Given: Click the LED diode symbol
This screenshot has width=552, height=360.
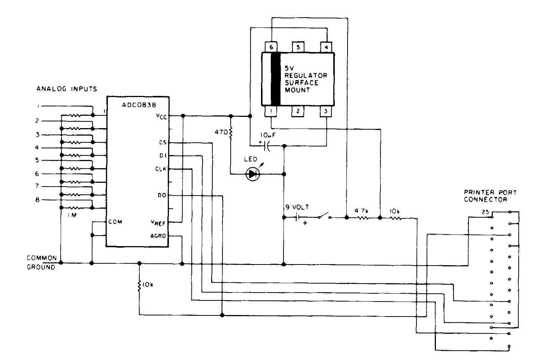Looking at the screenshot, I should [252, 174].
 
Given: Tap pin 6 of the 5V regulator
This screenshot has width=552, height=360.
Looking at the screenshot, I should [272, 47].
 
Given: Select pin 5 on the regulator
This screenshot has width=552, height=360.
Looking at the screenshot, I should [298, 47].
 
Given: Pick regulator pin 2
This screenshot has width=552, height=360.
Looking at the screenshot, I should [298, 111].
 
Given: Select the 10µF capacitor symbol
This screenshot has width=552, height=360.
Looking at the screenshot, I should [267, 146].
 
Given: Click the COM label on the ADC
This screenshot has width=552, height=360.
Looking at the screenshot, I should [115, 221].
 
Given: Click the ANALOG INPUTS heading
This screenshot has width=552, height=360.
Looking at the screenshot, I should [67, 89].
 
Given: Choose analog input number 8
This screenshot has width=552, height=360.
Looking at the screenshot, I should [37, 200].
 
